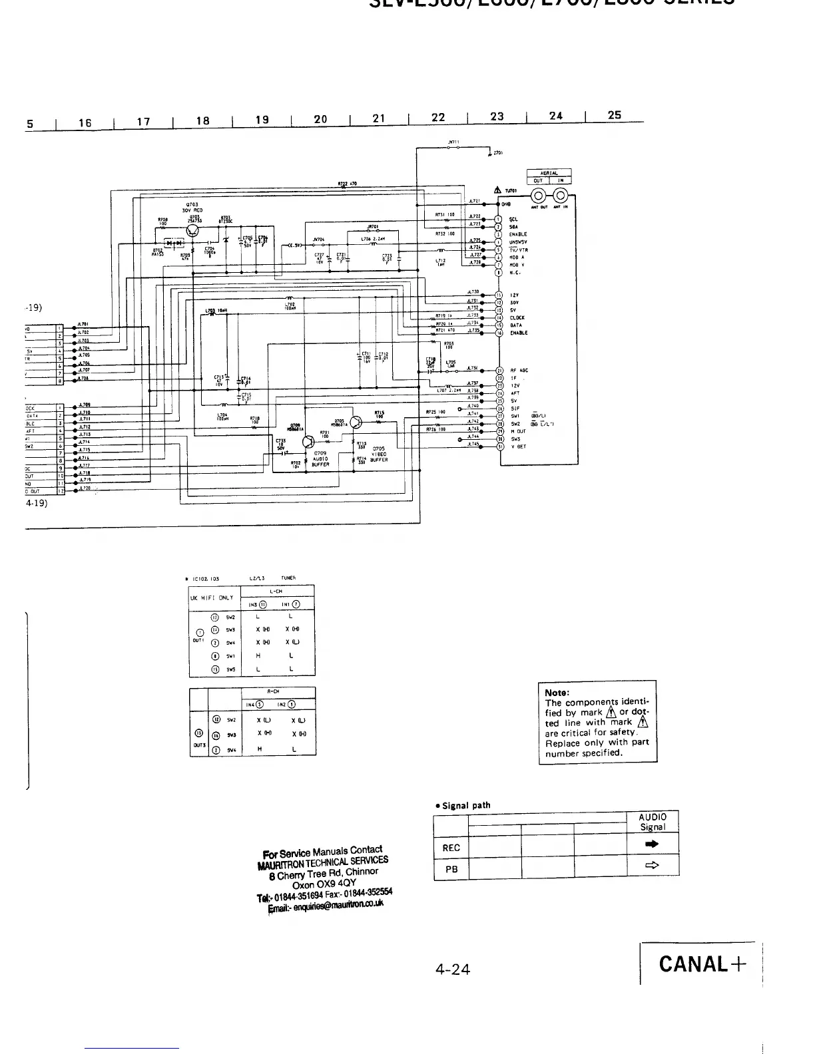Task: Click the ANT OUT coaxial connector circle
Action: (540, 196)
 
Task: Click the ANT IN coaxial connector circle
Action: (561, 196)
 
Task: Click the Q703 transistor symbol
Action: (194, 231)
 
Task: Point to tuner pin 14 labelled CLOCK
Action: (517, 317)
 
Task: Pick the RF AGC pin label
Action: (519, 371)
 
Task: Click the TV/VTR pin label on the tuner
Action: (519, 250)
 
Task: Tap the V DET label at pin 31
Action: (518, 447)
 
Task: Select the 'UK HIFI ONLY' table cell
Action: (214, 598)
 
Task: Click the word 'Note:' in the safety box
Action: (557, 692)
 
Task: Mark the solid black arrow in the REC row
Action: (653, 844)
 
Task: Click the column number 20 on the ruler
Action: (320, 119)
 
